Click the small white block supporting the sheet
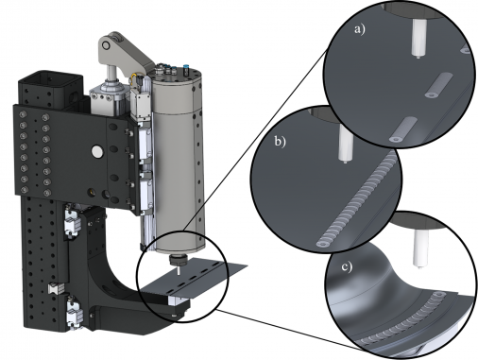(x=177, y=300)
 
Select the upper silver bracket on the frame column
(x=71, y=228)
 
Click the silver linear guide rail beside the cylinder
(x=145, y=161)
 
